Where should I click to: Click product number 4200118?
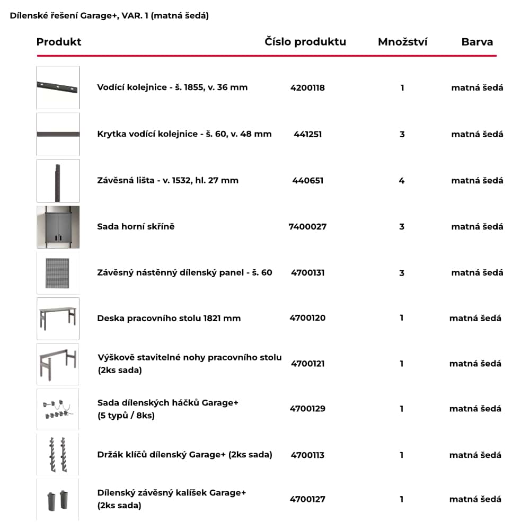(x=307, y=88)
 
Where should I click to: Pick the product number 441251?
(x=307, y=134)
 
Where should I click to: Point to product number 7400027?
(x=307, y=227)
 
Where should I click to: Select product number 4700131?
(x=307, y=273)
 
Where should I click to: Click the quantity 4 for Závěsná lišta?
(x=402, y=181)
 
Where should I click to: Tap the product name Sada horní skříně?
(x=136, y=227)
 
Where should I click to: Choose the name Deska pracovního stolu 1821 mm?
(x=169, y=319)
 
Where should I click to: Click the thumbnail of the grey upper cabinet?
(x=58, y=227)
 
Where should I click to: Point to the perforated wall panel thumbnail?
(x=58, y=273)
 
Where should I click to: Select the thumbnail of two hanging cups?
(x=58, y=499)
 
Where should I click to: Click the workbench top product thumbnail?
(x=58, y=319)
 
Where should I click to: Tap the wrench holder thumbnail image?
(x=58, y=455)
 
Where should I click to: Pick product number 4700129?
(x=307, y=409)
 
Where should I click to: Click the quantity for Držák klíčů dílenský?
(x=402, y=455)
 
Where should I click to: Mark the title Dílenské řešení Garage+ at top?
(x=109, y=16)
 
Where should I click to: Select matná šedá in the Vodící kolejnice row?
(x=477, y=88)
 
